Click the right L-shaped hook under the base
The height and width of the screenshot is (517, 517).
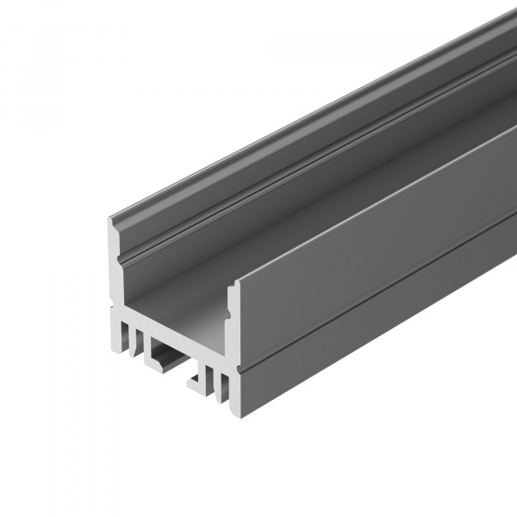[196, 379]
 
